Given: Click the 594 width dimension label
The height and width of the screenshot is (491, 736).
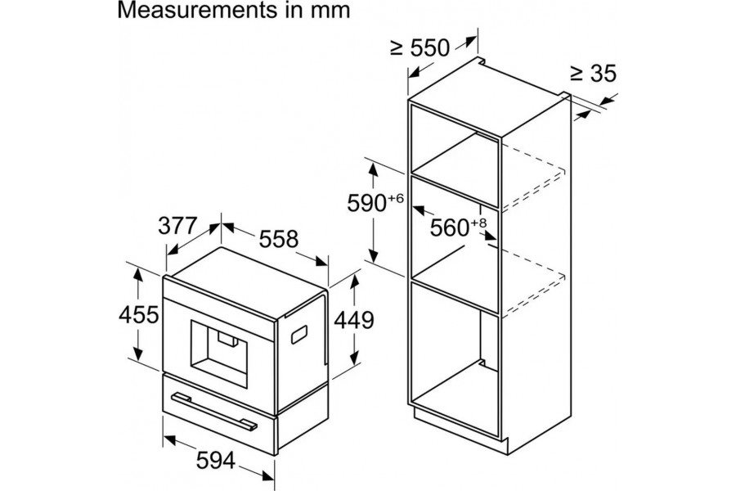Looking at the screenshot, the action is (215, 461).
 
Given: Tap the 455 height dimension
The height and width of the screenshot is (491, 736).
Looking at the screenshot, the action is (138, 314).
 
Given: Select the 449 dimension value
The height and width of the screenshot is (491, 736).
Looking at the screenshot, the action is (354, 320).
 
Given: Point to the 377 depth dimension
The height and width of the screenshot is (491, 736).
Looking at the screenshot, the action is (177, 226).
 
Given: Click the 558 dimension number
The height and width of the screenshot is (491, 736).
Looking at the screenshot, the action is (279, 239).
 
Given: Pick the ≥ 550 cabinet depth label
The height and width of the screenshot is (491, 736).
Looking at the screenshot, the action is (420, 47).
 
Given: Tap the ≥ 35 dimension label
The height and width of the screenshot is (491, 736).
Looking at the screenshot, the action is (593, 74).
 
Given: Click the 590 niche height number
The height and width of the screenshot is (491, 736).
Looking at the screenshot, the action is (366, 204).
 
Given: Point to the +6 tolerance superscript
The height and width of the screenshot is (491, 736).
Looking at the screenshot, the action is (396, 198).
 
